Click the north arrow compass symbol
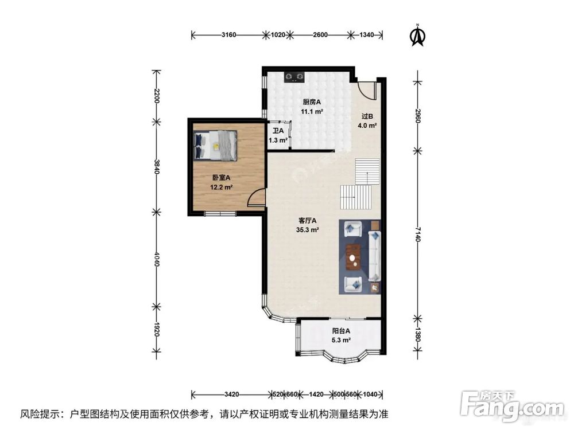point(417,35)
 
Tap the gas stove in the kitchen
point(296,76)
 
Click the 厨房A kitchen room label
point(312,103)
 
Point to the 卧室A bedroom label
point(220,178)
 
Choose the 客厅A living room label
point(308,221)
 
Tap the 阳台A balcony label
point(341,331)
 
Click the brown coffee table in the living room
point(354,256)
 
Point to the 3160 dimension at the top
point(228,35)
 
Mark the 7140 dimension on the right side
point(417,234)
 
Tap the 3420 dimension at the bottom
point(231,394)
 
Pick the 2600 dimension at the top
point(320,35)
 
